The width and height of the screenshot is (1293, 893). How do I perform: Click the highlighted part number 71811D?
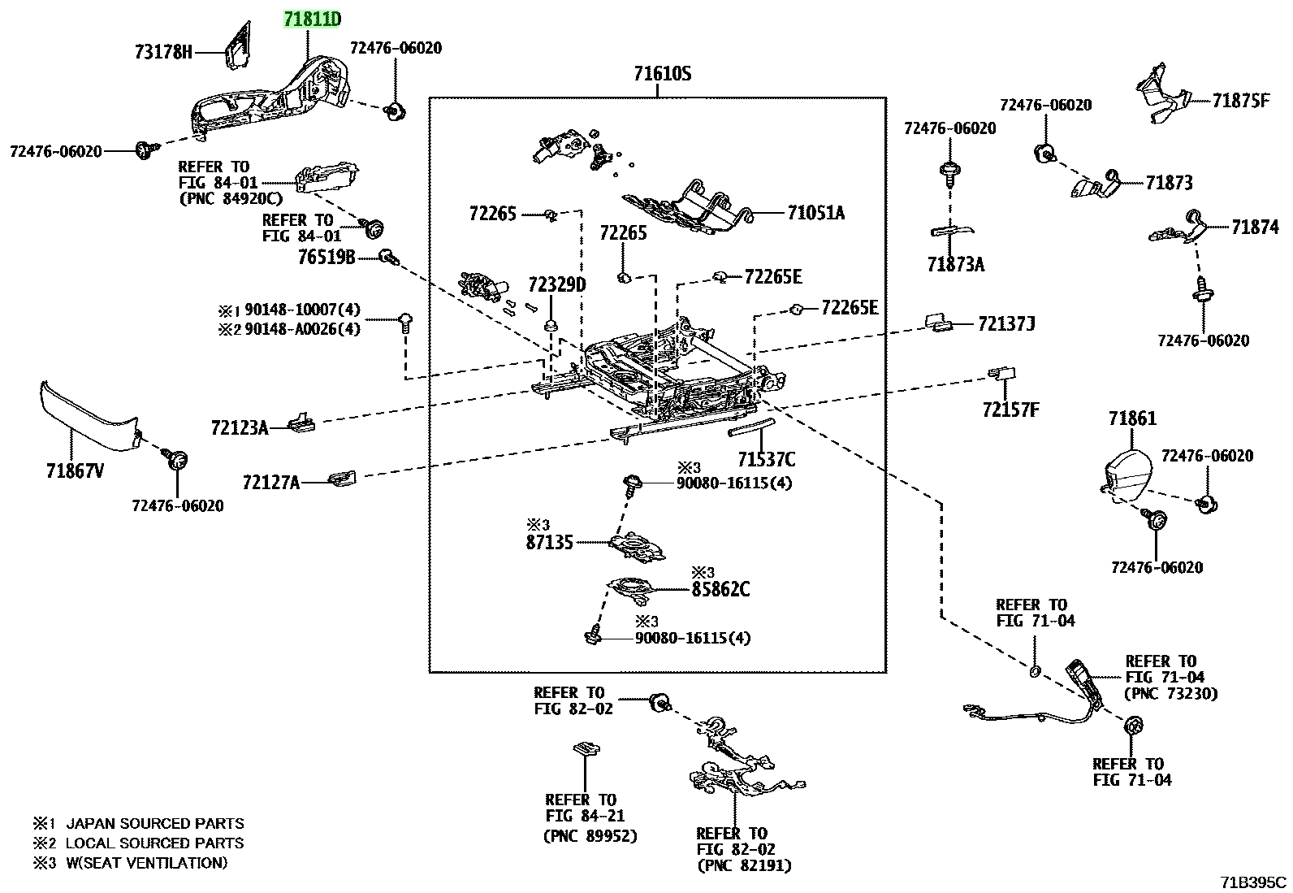(x=312, y=20)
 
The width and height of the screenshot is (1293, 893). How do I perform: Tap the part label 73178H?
(x=163, y=53)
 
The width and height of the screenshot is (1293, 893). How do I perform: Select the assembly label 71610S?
(x=662, y=74)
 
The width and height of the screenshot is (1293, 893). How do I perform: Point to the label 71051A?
(x=815, y=213)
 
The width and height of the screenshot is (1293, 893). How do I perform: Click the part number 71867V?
(x=75, y=471)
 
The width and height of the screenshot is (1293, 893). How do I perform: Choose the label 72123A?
(x=240, y=428)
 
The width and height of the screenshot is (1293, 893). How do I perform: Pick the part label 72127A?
(x=271, y=483)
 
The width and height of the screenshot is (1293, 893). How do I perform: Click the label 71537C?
(x=767, y=460)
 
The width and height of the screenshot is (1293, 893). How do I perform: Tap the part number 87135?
(x=549, y=543)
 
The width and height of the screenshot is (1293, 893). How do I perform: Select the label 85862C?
(x=721, y=589)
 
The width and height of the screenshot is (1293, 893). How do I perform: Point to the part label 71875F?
(x=1240, y=101)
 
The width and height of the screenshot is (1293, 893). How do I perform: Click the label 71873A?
(x=956, y=265)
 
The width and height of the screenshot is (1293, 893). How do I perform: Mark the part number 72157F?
(x=1010, y=410)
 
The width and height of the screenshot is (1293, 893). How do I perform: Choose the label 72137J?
(x=1006, y=324)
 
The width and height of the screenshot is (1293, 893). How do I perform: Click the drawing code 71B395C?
(x=1253, y=882)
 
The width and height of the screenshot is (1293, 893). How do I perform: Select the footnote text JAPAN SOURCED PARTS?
(x=154, y=823)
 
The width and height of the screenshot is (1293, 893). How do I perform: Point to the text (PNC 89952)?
(x=590, y=836)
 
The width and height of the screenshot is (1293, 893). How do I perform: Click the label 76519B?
(x=326, y=257)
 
